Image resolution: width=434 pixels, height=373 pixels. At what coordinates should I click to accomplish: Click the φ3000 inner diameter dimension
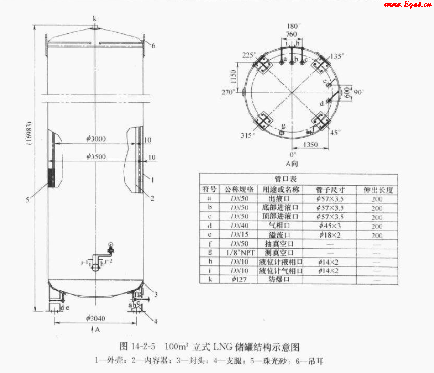(96, 139)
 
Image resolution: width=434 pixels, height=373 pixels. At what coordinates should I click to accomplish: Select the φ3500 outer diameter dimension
(96, 156)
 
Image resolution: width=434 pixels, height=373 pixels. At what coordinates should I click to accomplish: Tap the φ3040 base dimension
(96, 318)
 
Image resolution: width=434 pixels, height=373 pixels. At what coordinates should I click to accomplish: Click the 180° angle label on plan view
(294, 26)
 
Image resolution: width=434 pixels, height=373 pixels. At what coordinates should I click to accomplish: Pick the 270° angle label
(227, 92)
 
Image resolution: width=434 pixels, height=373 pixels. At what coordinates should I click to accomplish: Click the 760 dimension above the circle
(291, 34)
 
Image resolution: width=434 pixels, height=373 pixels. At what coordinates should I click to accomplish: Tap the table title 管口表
(298, 180)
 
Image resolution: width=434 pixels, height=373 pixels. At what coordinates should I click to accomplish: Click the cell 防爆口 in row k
(279, 280)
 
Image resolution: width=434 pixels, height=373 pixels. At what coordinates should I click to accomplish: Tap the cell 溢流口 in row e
(279, 235)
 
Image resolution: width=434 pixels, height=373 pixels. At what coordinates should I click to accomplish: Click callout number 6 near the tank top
(154, 46)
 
